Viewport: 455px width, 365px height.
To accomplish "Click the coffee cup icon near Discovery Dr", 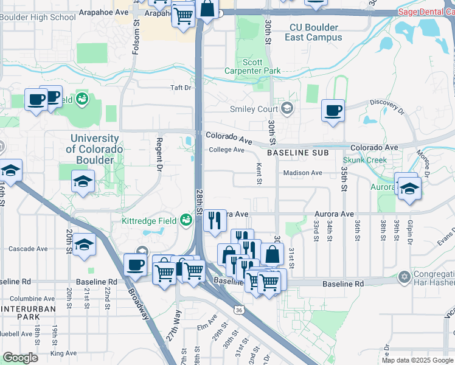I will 332,110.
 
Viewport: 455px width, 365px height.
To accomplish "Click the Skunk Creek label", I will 368,160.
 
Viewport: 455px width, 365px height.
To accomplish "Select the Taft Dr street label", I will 181,88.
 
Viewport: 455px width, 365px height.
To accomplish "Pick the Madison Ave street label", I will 302,173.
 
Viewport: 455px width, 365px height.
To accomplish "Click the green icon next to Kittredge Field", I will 186,220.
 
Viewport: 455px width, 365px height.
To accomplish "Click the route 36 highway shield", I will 239,310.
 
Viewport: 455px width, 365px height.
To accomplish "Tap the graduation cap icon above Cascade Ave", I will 85,245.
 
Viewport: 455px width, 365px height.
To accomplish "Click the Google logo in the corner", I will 20,358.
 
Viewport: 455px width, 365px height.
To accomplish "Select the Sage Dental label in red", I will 426,12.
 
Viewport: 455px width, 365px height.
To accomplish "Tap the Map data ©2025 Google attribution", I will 417,360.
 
